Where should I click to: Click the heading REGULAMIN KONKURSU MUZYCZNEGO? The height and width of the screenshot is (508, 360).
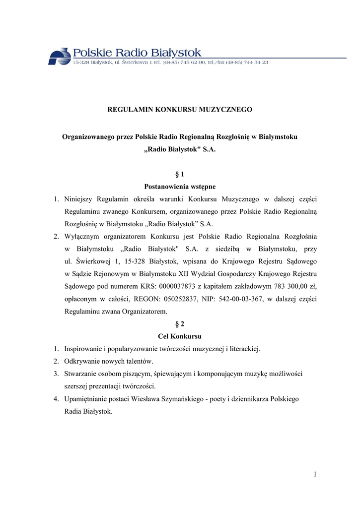(180, 109)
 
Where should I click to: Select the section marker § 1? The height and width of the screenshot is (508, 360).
(180, 174)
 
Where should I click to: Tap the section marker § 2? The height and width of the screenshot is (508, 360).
(180, 324)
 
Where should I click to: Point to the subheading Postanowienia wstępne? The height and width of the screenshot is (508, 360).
(180, 187)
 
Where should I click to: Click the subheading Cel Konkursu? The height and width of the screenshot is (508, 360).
(180, 336)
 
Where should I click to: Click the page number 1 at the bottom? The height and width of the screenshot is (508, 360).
(315, 474)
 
